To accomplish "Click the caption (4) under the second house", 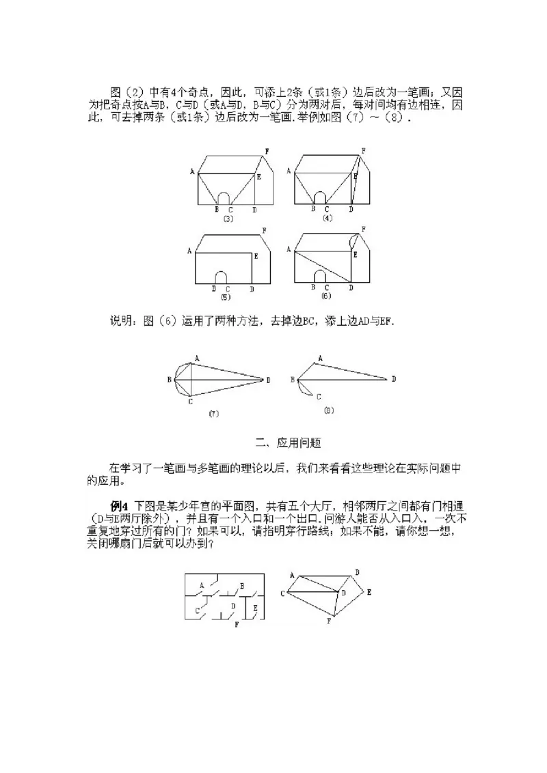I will [328, 218].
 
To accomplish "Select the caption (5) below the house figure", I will [225, 298].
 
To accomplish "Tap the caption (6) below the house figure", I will [325, 296].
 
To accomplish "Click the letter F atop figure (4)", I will [363, 150].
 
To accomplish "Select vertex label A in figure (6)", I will [289, 250].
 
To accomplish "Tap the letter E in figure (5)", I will [256, 256].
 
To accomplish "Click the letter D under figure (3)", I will [254, 210].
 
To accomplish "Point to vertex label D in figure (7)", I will [268, 380].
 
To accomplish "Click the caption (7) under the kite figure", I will [213, 414].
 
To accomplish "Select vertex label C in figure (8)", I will [319, 396].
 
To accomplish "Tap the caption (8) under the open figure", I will [328, 410].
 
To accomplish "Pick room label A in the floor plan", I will [202, 585].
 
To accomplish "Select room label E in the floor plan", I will [255, 606].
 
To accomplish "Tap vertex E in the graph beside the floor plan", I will [369, 592].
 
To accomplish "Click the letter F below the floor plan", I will [237, 624].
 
